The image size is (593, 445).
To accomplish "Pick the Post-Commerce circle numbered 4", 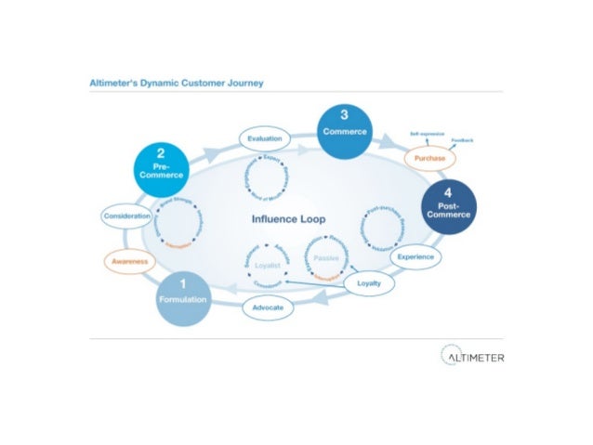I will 449,207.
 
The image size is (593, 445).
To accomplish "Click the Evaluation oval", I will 265,138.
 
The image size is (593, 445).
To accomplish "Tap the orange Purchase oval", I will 430,160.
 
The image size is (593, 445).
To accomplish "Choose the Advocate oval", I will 268,306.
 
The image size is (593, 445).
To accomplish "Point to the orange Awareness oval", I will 130,261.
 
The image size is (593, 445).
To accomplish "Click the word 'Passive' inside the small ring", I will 326,257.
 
